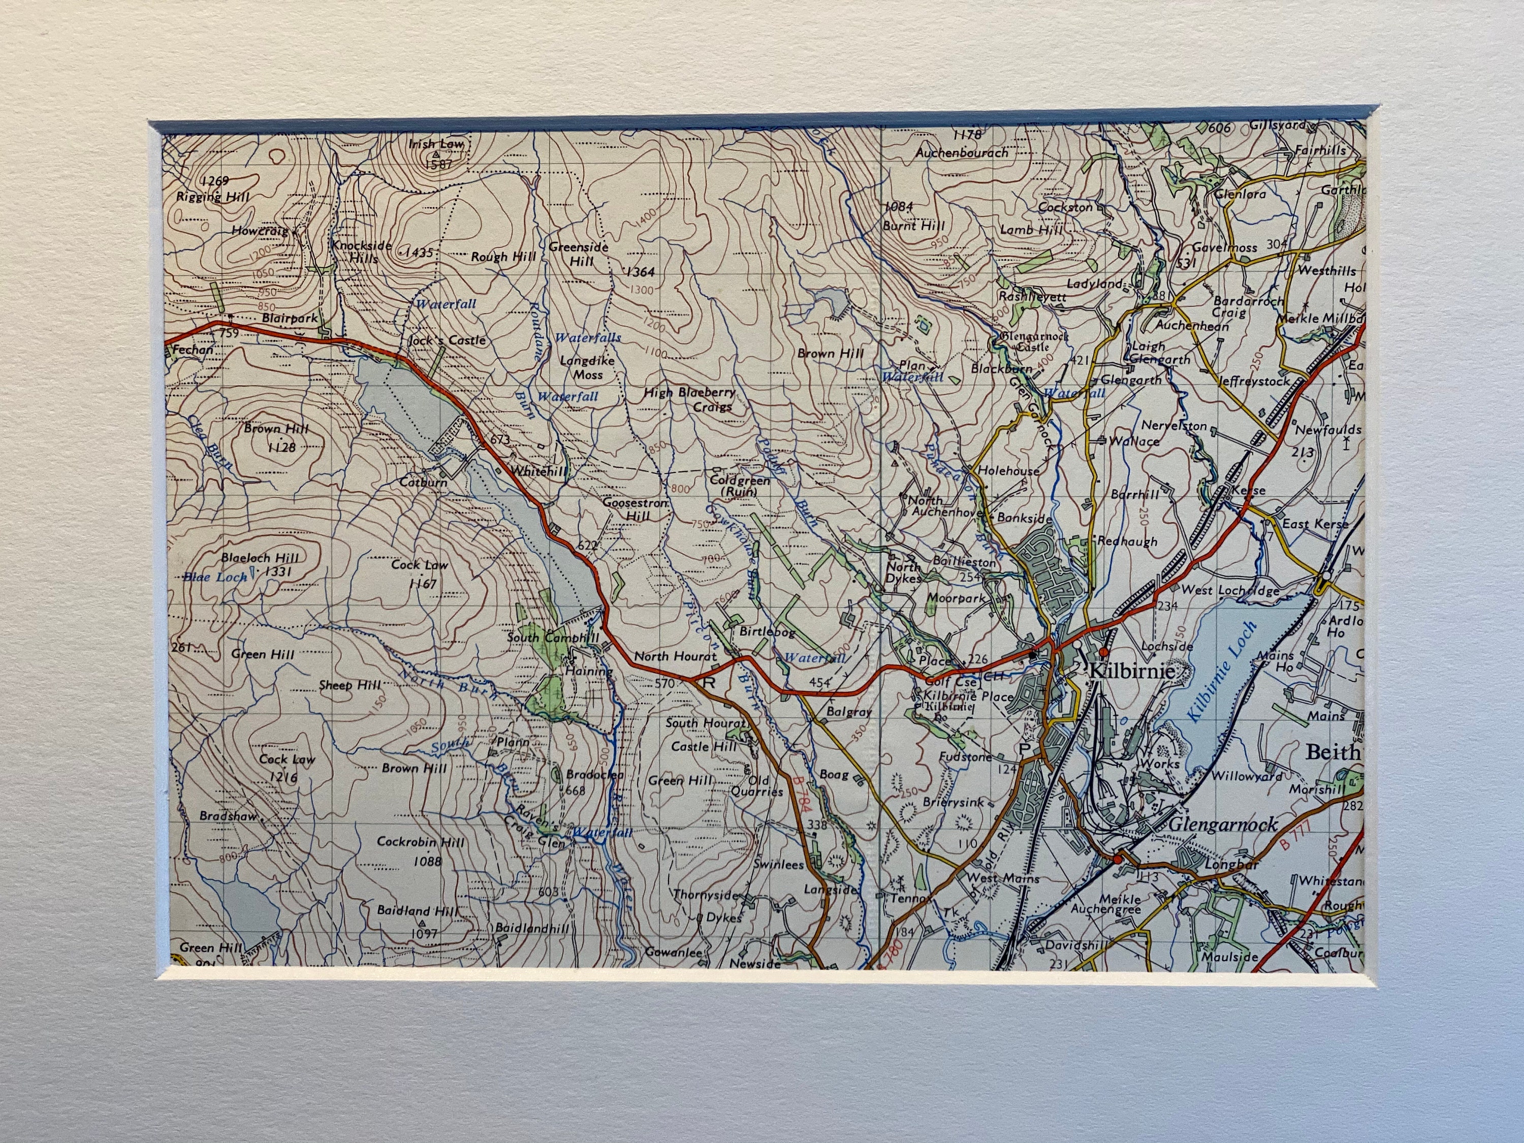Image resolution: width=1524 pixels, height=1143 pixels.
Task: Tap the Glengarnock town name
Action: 1223,824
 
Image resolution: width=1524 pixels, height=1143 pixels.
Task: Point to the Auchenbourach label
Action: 961,152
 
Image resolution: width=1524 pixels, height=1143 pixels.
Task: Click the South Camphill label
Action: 553,638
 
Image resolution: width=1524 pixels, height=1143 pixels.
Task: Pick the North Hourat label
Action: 675,656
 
